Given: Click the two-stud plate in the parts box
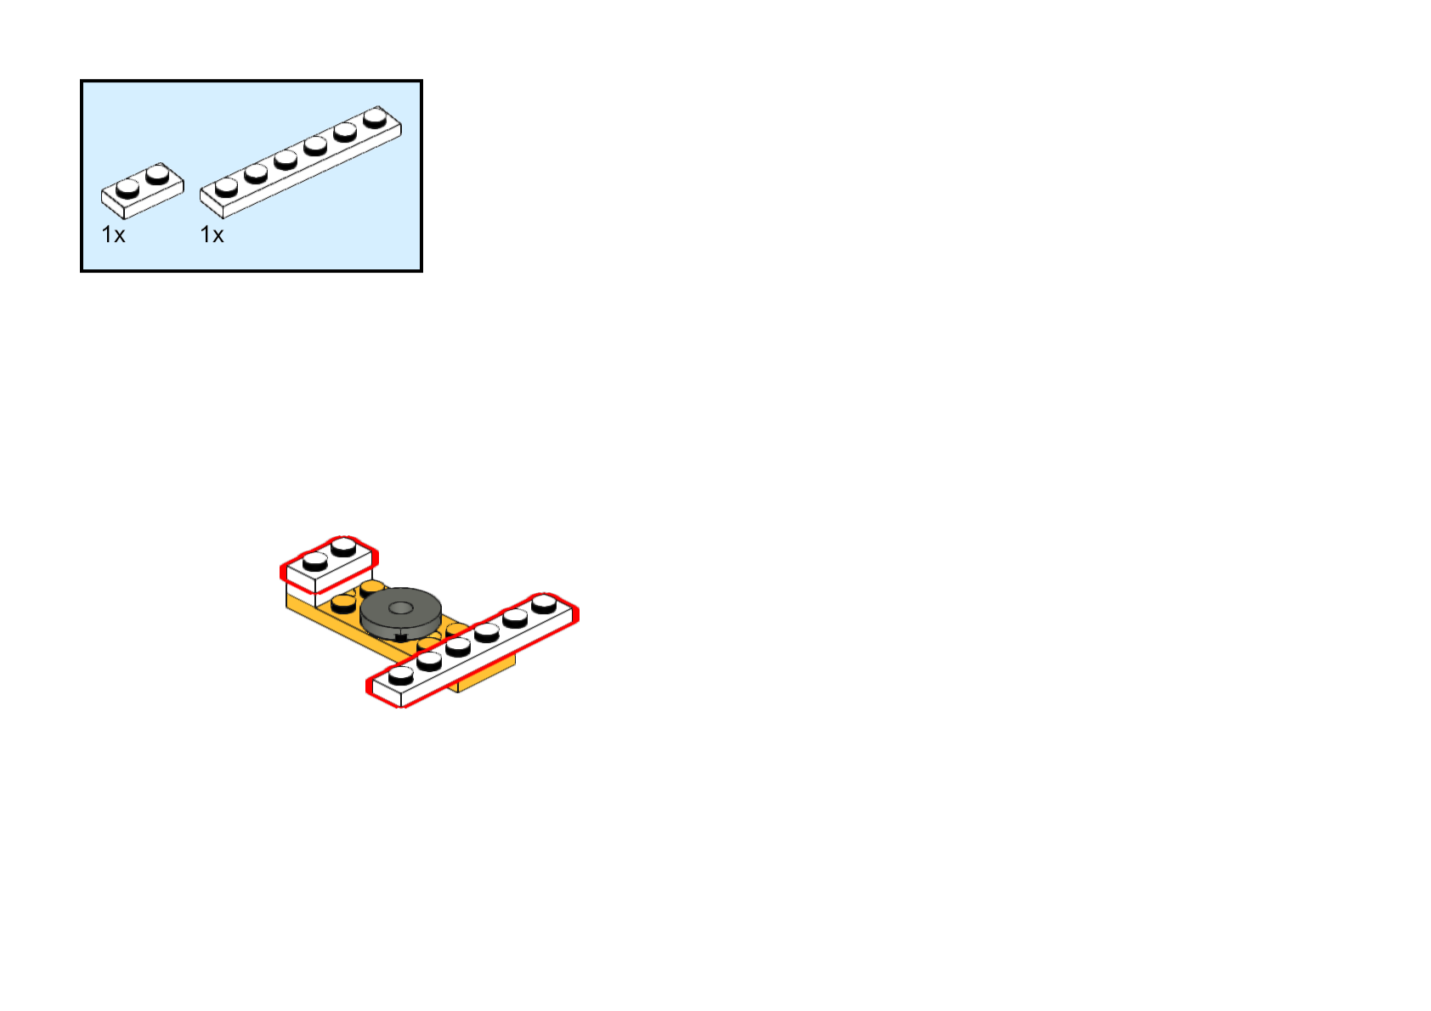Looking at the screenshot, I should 142,191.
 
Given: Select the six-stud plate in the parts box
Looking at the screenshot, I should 300,162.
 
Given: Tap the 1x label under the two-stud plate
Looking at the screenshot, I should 113,234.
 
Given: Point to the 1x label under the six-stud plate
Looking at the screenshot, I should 212,234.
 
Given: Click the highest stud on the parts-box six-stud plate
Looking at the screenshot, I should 375,116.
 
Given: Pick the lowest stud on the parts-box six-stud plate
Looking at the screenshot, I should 226,186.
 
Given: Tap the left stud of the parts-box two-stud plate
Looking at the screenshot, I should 127,187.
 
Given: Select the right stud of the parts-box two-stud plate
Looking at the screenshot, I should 157,173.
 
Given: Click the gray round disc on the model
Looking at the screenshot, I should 400,613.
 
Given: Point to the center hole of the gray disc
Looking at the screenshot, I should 400,607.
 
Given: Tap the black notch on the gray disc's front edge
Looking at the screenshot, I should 400,637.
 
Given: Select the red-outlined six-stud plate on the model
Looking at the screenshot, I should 472,651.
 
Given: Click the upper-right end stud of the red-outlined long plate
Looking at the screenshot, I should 544,604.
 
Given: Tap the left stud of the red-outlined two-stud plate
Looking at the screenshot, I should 314,561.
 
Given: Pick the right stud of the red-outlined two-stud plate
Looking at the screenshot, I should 343,545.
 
